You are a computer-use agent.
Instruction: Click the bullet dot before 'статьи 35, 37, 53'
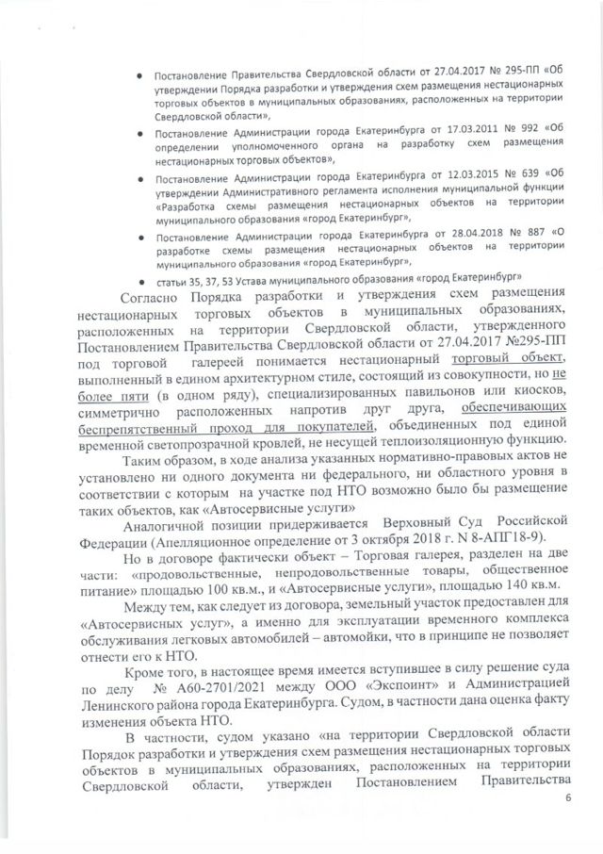click(x=140, y=282)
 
